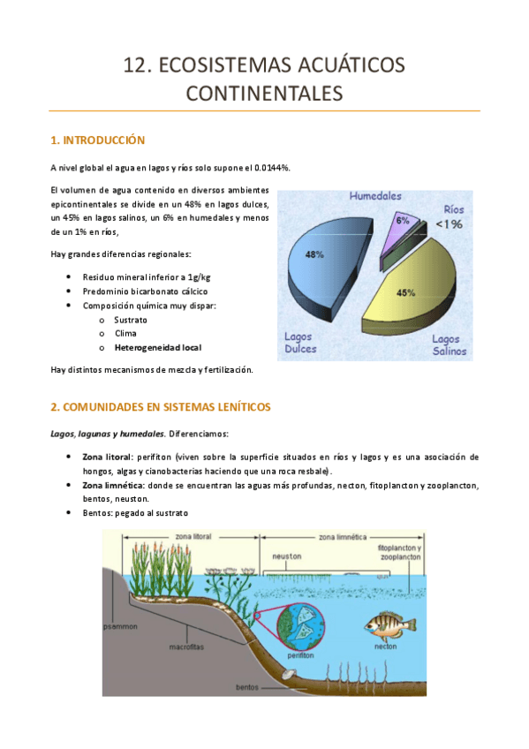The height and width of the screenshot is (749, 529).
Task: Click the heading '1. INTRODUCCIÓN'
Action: pos(97,140)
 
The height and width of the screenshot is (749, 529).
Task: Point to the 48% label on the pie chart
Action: pos(314,254)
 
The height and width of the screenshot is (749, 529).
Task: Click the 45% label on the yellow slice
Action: pos(406,291)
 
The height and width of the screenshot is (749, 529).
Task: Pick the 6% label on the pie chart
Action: pos(402,221)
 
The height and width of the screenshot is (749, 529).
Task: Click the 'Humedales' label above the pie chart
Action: pos(374,195)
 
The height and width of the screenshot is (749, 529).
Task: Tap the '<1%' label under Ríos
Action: pos(448,224)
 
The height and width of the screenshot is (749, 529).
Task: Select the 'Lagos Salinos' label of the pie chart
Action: pos(449,345)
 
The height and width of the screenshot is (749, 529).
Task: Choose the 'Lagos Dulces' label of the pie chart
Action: pos(304,343)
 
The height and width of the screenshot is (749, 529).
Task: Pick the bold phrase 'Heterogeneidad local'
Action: pos(163,348)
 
